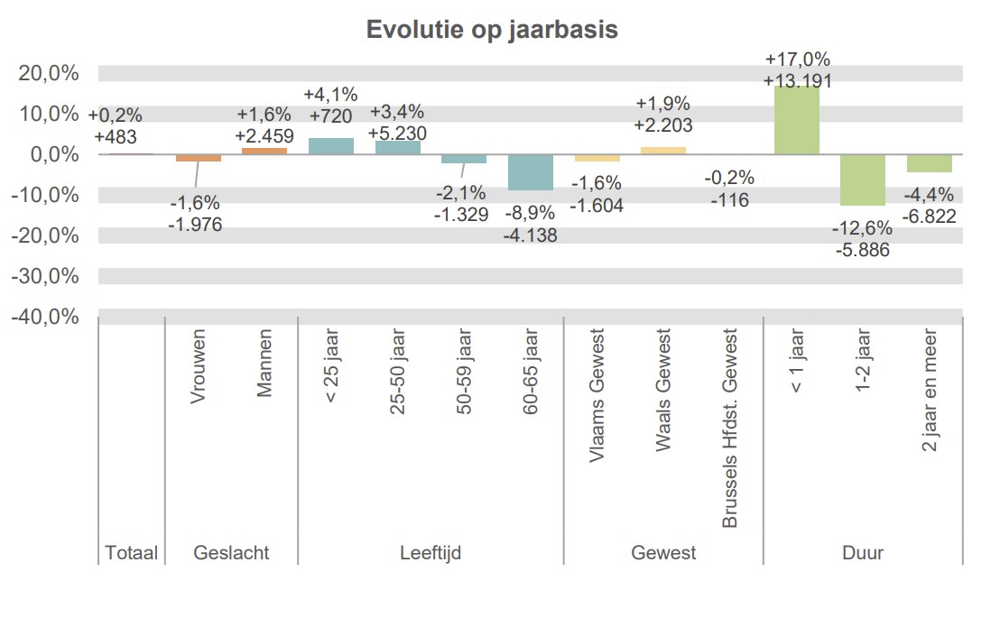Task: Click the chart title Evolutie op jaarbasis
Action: coord(492,30)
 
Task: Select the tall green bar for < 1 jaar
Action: coord(797,121)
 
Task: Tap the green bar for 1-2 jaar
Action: coord(863,180)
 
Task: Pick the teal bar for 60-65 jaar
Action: coord(531,171)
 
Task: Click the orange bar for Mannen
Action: coord(264,151)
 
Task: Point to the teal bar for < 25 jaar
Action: coord(331,146)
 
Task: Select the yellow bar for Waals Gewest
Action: coord(663,151)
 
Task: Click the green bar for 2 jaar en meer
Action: coord(930,162)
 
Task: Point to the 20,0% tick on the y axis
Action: coord(49,73)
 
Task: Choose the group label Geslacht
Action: coord(231,553)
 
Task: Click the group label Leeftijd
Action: coord(431,553)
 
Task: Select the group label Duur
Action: coord(864,553)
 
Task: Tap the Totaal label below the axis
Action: coord(132,553)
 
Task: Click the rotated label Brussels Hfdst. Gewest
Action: coord(730,429)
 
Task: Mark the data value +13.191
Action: coord(797,80)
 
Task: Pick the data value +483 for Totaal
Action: coord(116,136)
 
